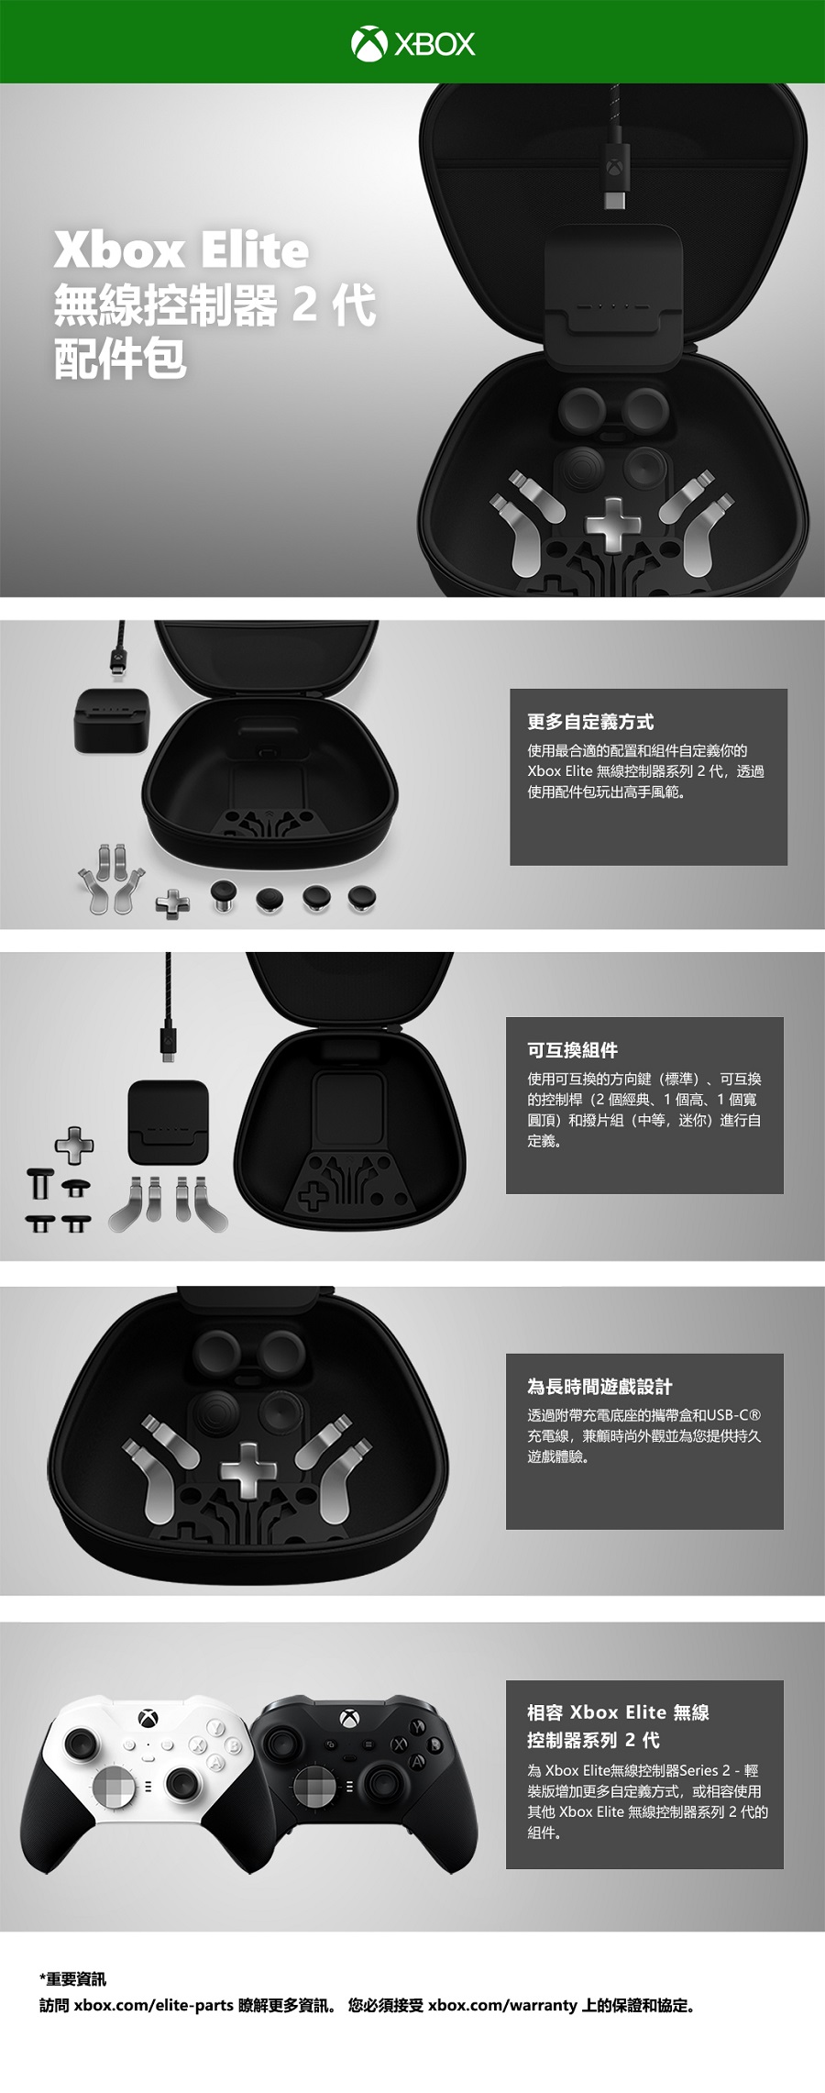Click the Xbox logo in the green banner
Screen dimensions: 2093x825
[x=412, y=43]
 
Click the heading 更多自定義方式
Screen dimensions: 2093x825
[x=590, y=722]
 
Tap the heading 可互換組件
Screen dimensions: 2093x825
[x=572, y=1050]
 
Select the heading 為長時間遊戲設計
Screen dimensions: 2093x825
[x=599, y=1387]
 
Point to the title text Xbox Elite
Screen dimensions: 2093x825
[x=181, y=250]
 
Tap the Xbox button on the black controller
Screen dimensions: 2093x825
[x=348, y=1718]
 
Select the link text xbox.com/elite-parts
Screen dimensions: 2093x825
[x=154, y=2006]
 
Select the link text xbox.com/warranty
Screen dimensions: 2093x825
[x=502, y=2006]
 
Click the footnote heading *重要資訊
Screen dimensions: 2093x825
[x=72, y=1979]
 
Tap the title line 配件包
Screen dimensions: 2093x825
[x=120, y=359]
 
